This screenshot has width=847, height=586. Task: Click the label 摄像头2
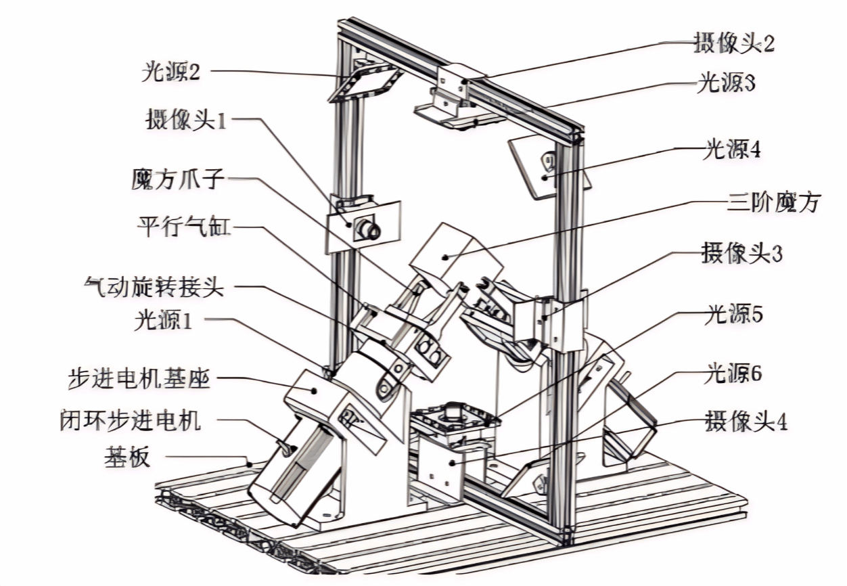(733, 44)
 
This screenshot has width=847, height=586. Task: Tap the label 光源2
(170, 72)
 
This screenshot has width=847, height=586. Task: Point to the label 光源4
(731, 150)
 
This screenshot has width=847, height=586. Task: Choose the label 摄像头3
(741, 255)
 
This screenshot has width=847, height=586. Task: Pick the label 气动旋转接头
(154, 287)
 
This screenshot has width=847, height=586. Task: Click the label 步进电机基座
(139, 379)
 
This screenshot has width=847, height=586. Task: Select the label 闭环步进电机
(131, 421)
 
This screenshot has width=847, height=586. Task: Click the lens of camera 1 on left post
(369, 229)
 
